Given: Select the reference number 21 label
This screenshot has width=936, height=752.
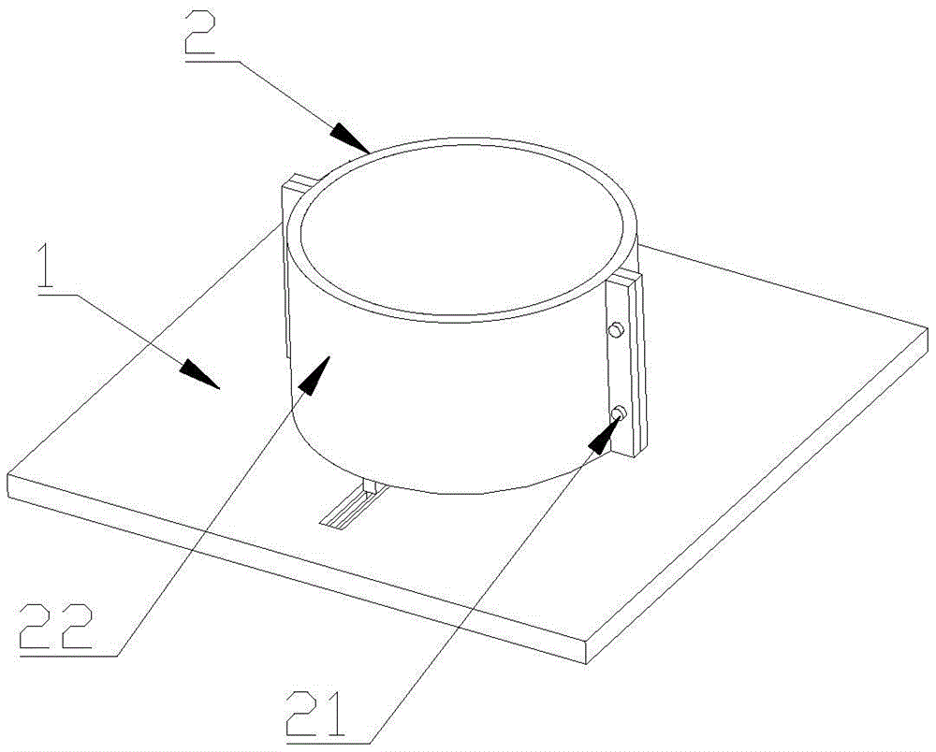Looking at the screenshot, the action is point(315,714).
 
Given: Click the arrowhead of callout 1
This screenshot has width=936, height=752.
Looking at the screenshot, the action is point(201,374).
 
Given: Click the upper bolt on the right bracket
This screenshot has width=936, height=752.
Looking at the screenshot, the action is point(616,330).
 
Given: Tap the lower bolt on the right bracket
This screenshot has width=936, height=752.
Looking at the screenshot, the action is point(619,412).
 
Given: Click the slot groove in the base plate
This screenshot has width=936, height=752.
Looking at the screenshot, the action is point(352,506).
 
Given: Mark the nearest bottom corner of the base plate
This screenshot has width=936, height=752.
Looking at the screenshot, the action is point(587,663).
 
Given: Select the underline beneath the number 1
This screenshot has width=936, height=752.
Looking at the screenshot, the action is point(58,294).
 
